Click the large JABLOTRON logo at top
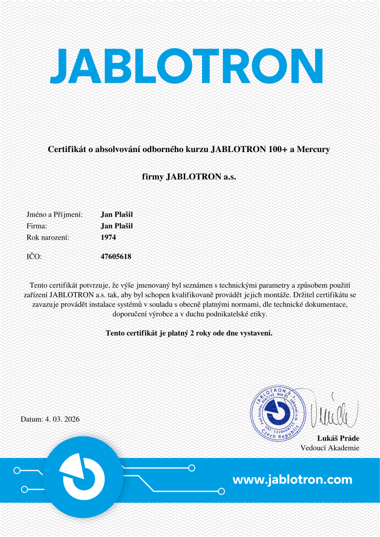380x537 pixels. (187, 66)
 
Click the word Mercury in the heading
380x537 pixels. (313, 149)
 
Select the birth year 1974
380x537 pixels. (109, 237)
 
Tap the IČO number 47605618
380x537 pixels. (116, 257)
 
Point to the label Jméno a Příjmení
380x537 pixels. (55, 215)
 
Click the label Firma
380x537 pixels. (36, 226)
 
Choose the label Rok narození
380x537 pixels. (48, 237)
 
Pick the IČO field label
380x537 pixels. (34, 257)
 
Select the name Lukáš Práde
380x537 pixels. (338, 438)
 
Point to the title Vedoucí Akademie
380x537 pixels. (330, 448)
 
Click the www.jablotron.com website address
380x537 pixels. (292, 480)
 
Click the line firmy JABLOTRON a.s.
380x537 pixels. (189, 177)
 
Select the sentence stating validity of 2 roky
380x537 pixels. (189, 333)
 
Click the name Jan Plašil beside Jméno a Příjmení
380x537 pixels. (117, 215)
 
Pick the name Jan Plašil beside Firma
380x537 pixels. (117, 226)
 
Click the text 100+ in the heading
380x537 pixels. (277, 149)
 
